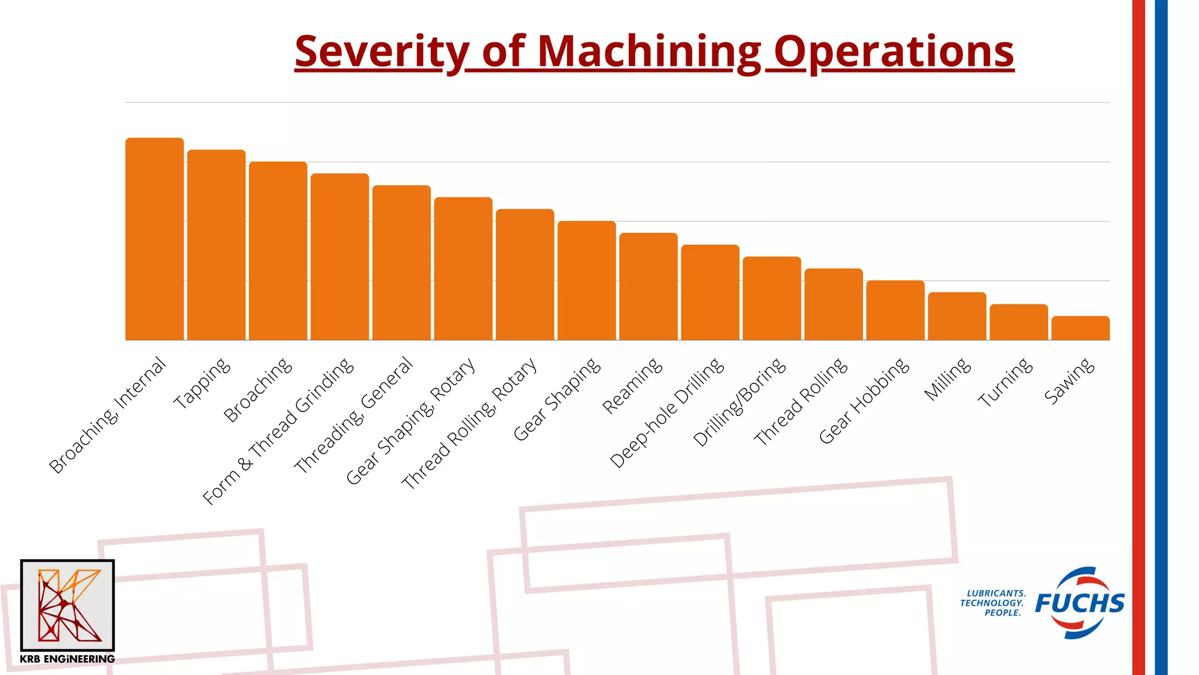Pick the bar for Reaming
point(648,287)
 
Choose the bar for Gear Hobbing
point(895,311)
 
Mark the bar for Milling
point(957,316)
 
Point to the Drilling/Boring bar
point(772,298)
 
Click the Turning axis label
point(1005,383)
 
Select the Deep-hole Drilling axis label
point(667,413)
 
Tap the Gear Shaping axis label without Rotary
point(557,399)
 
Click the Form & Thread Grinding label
point(278,431)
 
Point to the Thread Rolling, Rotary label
point(469,423)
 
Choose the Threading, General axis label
point(354,415)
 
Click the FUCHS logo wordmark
point(1080,603)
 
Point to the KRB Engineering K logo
point(67,605)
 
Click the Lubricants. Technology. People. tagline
point(993,603)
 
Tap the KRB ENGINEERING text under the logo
point(67,659)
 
